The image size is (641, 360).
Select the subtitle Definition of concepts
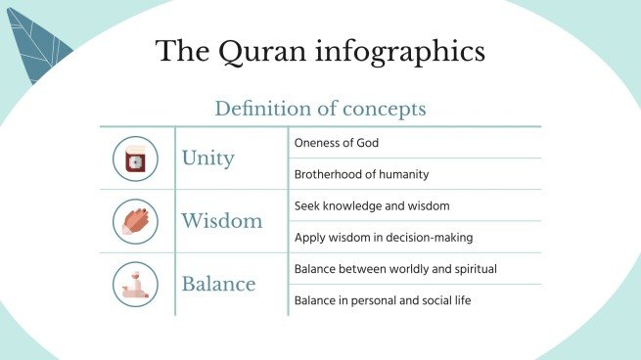click(320, 108)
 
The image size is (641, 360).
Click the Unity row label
click(207, 157)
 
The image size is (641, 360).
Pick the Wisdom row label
click(221, 221)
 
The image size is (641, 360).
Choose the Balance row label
click(218, 285)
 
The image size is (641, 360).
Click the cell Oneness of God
click(336, 143)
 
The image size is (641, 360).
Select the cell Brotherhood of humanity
click(361, 174)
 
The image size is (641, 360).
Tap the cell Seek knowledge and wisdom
click(372, 206)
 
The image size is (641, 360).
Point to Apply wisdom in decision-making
click(385, 238)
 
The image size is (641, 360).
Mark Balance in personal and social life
click(383, 300)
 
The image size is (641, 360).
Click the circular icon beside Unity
click(135, 158)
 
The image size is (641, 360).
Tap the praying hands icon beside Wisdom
click(135, 221)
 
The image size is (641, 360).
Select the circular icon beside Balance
click(135, 284)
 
